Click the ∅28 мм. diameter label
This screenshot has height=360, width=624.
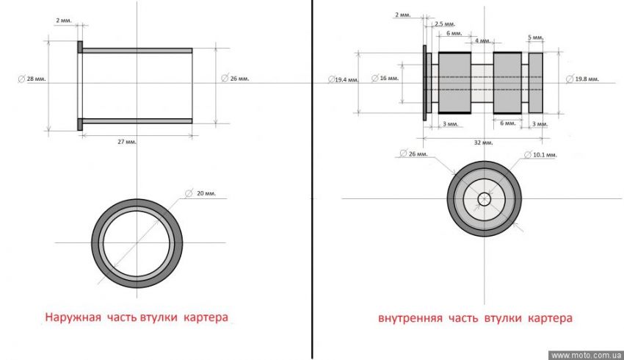click(x=32, y=79)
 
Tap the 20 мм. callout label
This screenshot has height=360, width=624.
click(x=204, y=193)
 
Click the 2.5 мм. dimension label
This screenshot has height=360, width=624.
click(x=443, y=24)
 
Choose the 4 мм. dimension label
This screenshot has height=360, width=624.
click(x=482, y=41)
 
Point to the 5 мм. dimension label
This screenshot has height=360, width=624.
click(x=536, y=37)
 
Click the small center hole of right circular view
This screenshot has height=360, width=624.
click(x=485, y=198)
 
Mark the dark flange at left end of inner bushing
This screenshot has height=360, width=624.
click(x=425, y=82)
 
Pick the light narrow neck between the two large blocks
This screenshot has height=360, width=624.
click(x=482, y=82)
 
